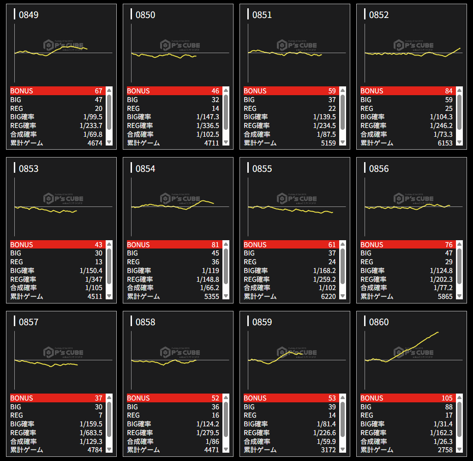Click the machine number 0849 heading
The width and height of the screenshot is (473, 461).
(29, 15)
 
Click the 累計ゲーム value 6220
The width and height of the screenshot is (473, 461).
(327, 296)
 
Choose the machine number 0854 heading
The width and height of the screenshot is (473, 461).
(145, 169)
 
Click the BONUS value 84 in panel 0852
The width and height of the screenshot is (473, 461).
(448, 91)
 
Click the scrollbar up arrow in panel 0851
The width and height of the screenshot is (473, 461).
(343, 90)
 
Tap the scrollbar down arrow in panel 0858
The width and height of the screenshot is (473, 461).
(226, 449)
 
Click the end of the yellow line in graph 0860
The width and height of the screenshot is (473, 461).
(437, 332)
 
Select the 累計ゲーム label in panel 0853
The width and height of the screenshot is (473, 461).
(27, 296)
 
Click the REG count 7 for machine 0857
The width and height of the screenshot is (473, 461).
(100, 415)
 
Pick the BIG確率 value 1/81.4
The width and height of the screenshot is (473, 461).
(326, 424)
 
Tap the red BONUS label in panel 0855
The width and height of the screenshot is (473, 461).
(255, 245)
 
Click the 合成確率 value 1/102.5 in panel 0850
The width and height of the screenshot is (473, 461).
(208, 134)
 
